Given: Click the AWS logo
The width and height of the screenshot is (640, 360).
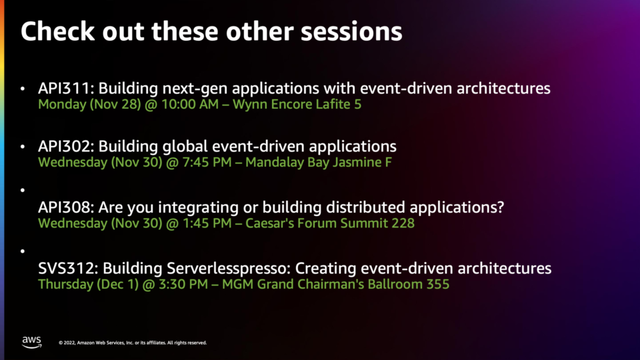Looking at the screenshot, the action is click(32, 342).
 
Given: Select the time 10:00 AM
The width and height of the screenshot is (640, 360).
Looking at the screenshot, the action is click(190, 104).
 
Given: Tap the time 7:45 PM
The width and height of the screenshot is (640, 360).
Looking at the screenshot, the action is click(207, 162).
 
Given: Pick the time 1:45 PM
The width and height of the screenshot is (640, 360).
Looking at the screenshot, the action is click(207, 223).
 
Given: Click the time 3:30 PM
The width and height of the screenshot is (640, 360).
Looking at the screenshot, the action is click(183, 284).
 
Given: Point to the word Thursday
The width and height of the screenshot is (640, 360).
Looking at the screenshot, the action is click(66, 285).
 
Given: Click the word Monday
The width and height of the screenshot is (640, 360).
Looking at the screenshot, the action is click(62, 105).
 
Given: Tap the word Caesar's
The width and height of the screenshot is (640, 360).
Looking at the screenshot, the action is click(269, 223).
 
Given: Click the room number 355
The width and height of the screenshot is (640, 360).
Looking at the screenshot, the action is click(438, 284).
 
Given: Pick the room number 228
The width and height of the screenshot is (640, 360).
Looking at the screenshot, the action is click(403, 223).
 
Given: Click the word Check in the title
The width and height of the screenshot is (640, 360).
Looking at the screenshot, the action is click(57, 31).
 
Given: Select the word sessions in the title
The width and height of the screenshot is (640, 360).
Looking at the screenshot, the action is click(351, 31).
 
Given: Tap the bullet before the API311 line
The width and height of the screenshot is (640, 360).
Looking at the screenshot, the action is click(23, 88).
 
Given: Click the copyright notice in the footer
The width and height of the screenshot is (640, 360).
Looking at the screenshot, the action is click(133, 343).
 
